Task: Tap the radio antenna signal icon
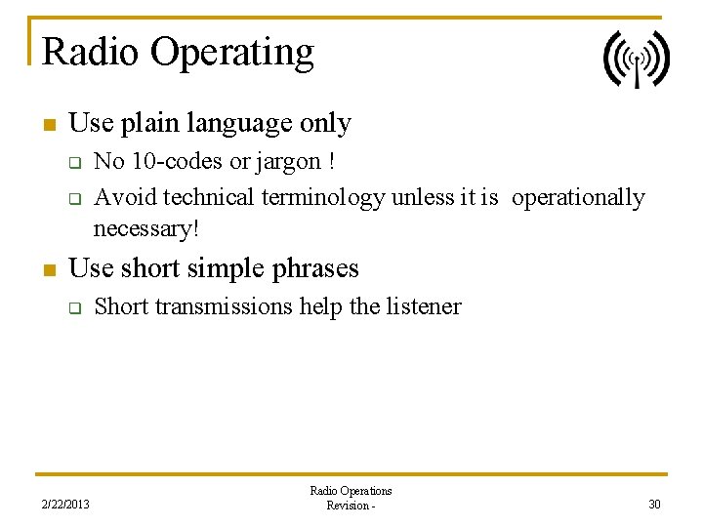click(636, 60)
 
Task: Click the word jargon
click(288, 162)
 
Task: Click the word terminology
click(323, 198)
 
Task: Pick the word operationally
click(578, 198)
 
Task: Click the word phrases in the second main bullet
click(313, 269)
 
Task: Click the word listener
click(423, 306)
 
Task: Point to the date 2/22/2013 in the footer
click(65, 505)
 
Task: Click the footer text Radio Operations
click(351, 491)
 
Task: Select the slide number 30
click(653, 504)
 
